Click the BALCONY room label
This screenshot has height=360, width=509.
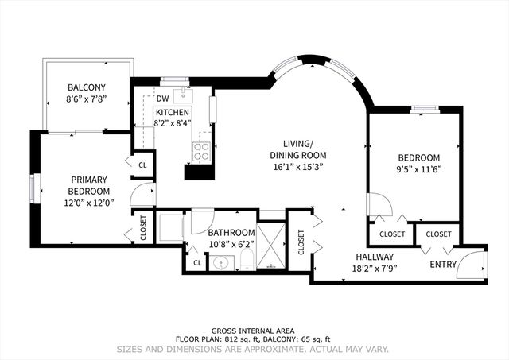tap(87, 87)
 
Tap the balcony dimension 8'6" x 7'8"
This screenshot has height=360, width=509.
tap(87, 99)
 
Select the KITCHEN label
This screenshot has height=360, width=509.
tap(172, 113)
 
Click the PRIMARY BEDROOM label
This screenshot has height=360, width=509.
tap(89, 185)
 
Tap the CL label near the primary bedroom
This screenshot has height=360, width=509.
tap(143, 165)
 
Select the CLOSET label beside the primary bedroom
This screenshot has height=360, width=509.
tap(144, 226)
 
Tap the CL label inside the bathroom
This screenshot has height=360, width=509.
tap(196, 263)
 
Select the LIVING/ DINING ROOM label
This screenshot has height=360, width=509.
tap(298, 149)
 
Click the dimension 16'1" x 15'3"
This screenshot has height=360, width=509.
tap(298, 168)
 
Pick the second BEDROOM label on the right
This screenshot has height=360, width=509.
tap(419, 157)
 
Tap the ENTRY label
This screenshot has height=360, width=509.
tap(444, 264)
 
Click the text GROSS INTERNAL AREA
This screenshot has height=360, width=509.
tap(254, 331)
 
